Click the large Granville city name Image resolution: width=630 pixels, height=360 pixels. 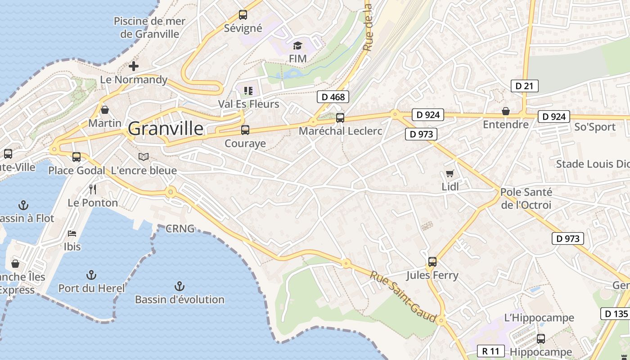[x=166, y=129]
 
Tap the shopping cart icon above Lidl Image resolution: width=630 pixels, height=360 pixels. [x=450, y=174]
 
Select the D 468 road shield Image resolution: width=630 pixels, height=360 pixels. [x=333, y=97]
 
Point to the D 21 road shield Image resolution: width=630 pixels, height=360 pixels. [x=525, y=86]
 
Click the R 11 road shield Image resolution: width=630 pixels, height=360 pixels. [x=490, y=351]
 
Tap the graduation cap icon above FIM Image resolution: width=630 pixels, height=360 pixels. [x=297, y=45]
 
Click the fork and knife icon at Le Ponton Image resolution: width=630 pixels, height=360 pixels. [x=93, y=189]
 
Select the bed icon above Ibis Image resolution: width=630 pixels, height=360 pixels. [x=72, y=234]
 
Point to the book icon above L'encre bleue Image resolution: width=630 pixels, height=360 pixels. [x=144, y=157]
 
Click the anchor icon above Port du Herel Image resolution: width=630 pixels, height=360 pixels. [x=91, y=274]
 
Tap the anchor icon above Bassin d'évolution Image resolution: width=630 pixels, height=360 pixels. [x=180, y=286]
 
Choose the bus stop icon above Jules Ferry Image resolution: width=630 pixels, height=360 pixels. [x=432, y=261]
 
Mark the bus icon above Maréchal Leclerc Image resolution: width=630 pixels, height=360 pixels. [x=340, y=118]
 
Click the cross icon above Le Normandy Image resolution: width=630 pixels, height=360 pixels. [x=134, y=66]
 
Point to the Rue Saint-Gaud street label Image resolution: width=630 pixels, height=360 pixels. [x=403, y=297]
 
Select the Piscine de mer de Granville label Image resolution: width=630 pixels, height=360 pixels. [x=147, y=27]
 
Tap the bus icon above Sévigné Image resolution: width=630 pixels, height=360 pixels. [x=243, y=15]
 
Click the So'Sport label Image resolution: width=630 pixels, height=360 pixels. [x=595, y=127]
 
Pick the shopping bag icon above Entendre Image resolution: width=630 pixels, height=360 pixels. [x=506, y=111]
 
